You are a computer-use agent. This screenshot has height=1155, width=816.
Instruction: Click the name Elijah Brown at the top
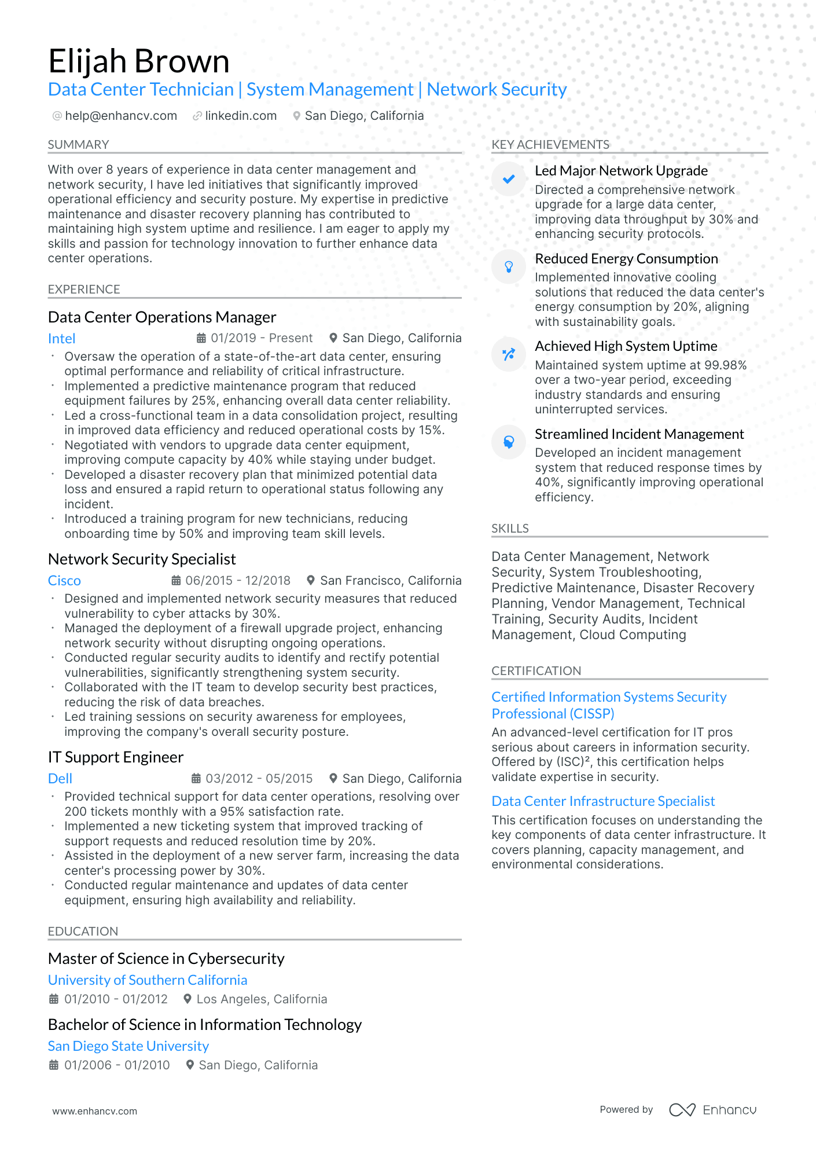(x=139, y=61)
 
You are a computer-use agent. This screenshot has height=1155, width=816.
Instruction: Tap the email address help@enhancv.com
(x=121, y=116)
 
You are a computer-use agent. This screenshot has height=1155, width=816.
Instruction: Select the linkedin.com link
(x=241, y=116)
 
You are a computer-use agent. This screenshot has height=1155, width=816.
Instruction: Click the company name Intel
(x=62, y=339)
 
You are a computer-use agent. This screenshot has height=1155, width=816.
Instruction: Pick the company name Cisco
(x=64, y=581)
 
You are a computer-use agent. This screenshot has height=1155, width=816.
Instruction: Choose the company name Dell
(x=60, y=779)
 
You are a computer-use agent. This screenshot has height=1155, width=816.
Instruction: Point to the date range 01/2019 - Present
(x=261, y=338)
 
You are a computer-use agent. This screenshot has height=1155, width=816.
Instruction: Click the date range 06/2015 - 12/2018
(x=238, y=580)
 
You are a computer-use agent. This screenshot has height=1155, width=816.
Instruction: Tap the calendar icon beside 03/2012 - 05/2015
(x=196, y=779)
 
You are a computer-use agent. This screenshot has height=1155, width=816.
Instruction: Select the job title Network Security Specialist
(x=142, y=559)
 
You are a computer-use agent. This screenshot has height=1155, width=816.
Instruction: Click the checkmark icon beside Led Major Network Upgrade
(x=509, y=179)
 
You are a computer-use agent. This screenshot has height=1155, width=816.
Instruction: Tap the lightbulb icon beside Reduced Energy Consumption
(x=509, y=267)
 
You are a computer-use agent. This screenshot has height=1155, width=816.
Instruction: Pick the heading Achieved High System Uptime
(x=626, y=346)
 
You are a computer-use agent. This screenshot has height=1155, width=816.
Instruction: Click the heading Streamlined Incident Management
(x=639, y=434)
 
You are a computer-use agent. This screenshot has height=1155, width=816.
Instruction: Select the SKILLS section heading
(x=510, y=529)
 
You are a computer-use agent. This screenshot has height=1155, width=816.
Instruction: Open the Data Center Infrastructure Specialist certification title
(x=603, y=801)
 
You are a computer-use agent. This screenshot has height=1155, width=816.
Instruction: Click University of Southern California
(x=148, y=980)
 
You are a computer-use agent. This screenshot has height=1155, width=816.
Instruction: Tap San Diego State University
(x=128, y=1046)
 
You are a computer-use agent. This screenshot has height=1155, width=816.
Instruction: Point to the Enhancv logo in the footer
(x=712, y=1110)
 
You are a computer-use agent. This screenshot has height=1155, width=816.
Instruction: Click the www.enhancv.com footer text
(x=95, y=1111)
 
